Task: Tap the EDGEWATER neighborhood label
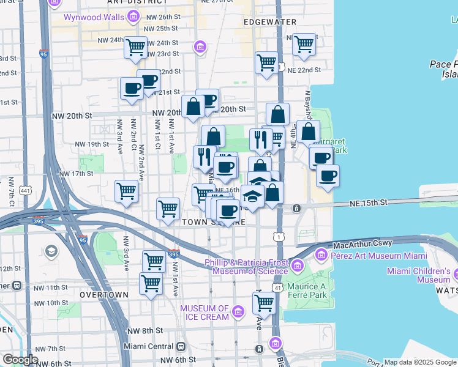[x=269, y=22]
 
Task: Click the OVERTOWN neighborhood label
[x=103, y=294]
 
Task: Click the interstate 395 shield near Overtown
[x=173, y=254]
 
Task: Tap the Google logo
[x=20, y=360]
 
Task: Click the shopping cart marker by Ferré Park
[x=264, y=302]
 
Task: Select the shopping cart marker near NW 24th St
[x=135, y=46]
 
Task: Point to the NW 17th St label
[x=75, y=174]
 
